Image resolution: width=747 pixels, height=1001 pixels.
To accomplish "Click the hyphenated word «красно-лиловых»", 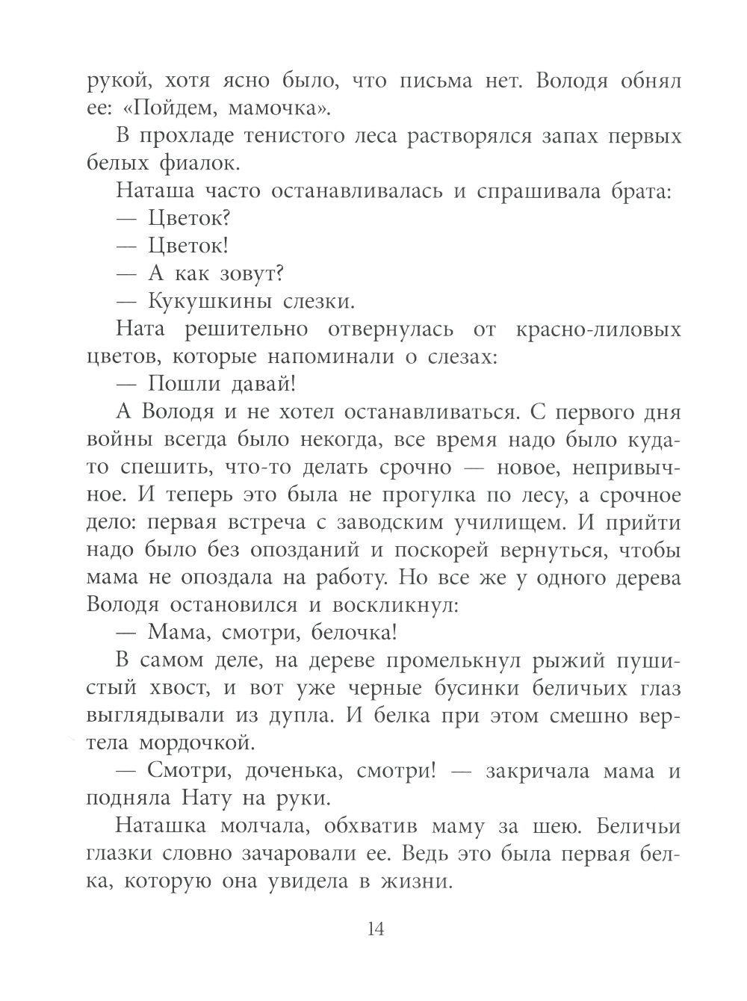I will coord(607,329).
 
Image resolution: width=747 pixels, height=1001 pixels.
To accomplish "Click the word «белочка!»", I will coord(350,633).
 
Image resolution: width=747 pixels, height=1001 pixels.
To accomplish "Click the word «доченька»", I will coord(285,771).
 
